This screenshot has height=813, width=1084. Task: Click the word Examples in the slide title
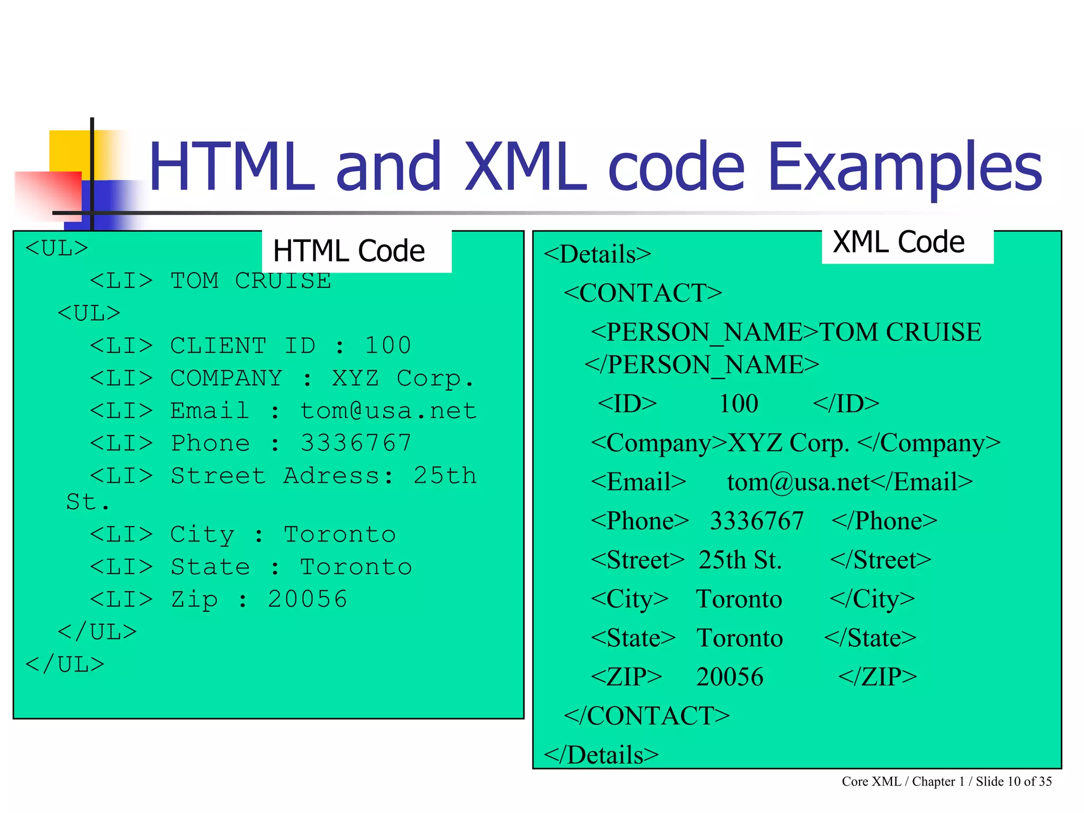[905, 167]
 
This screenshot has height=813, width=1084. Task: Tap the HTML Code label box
[349, 251]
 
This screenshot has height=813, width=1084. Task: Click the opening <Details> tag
[597, 254]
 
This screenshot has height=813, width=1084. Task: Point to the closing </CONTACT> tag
[647, 716]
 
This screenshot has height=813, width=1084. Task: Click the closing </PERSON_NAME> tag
[702, 365]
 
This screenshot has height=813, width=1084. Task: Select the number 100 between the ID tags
[738, 404]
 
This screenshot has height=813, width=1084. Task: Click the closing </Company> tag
[929, 443]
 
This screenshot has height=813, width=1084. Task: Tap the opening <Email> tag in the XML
[638, 482]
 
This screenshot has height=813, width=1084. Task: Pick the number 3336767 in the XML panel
[756, 521]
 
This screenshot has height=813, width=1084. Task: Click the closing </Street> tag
[880, 560]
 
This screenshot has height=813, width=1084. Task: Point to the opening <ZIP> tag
[626, 677]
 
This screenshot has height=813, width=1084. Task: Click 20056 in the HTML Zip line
[308, 600]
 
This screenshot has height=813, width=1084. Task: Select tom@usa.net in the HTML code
[389, 411]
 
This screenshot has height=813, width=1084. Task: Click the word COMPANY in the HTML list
[227, 378]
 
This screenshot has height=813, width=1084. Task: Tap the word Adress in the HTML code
[331, 476]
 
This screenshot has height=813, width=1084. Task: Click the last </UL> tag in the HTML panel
[65, 665]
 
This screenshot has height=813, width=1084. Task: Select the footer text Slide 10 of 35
[1014, 782]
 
